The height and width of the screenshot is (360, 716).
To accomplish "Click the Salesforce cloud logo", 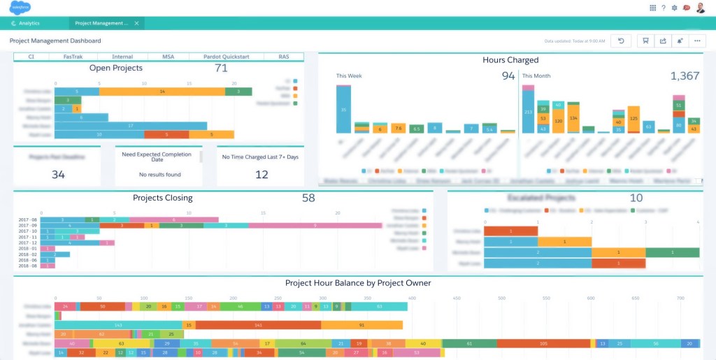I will coord(20,8).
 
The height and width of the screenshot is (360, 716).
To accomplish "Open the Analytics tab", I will coord(29,23).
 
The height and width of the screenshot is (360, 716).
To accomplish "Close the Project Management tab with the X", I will coord(136,23).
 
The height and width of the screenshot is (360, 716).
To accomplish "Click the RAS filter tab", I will coord(283,57).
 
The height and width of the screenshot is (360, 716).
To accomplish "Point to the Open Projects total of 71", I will coord(221,69).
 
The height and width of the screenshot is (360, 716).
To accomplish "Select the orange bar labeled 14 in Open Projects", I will coord(162,91).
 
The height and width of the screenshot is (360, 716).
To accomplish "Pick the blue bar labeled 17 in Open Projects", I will coord(130,126).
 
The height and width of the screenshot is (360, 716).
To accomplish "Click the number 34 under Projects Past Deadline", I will coord(59,175).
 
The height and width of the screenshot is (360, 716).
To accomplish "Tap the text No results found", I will coord(159,175).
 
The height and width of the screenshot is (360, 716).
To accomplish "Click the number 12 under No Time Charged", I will coord(261,175).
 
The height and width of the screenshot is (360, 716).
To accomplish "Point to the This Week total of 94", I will coord(508,76).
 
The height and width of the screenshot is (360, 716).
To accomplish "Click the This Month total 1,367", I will coord(685,76).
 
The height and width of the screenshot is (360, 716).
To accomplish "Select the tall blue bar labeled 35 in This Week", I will coord(343,109).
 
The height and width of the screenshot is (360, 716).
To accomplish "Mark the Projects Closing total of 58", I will coord(308,199).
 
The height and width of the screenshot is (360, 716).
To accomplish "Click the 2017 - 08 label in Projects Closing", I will coord(28,219).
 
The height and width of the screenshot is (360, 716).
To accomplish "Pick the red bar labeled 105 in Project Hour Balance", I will coord(543,343).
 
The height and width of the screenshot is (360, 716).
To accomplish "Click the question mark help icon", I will coord(663,8).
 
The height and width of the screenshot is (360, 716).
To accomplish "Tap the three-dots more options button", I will coord(696,41).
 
